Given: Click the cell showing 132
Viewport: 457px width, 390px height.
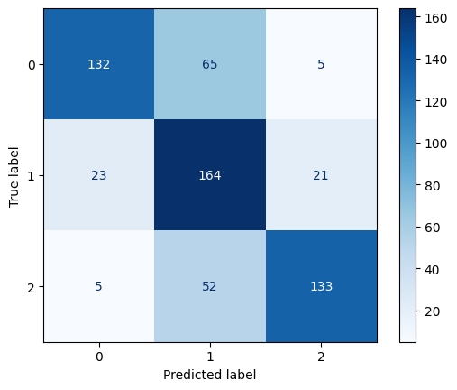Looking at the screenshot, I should [x=98, y=64].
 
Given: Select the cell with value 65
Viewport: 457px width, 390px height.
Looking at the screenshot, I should [x=209, y=64].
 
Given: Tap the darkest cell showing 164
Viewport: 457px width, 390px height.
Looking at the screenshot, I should [x=209, y=175].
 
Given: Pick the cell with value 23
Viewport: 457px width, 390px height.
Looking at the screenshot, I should [x=98, y=175].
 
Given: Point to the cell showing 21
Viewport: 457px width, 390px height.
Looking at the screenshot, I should [x=320, y=175].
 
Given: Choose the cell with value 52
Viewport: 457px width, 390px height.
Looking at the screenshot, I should [x=209, y=286].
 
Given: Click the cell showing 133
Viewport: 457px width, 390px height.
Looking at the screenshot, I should [x=320, y=286].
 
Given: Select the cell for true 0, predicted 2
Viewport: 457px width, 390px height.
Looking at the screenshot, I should [x=320, y=64].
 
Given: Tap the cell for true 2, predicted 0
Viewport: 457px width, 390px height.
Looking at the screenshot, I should [x=98, y=286].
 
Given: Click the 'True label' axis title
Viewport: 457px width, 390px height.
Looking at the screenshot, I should [x=14, y=175].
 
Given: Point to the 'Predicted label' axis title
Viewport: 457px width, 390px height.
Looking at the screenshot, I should [x=209, y=374].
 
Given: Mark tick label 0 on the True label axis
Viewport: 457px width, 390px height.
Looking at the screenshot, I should [x=30, y=64].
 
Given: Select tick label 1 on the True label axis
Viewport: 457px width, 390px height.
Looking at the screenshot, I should [x=30, y=175].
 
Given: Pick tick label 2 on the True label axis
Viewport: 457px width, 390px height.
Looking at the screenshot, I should [x=30, y=286].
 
